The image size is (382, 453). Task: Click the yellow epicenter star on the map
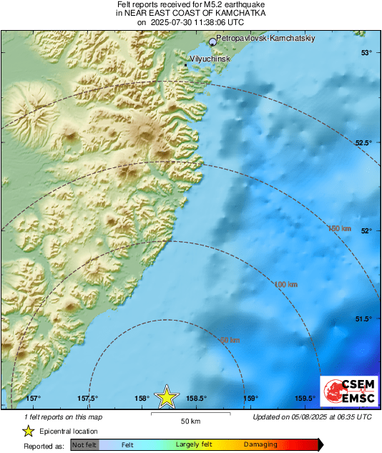pos(167,396)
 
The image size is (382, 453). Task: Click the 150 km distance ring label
pos(340,228)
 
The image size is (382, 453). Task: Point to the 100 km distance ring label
pos(286,285)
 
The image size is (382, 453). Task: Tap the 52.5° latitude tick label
pos(364,142)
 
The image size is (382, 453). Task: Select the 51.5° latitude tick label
pos(364,318)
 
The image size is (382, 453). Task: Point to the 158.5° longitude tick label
pos(197,399)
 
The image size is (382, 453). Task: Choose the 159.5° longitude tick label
pos(305,399)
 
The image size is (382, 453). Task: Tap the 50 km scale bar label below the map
pos(190,420)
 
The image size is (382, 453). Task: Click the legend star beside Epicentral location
pos(28,431)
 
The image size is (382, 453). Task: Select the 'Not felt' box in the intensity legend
pos(84,444)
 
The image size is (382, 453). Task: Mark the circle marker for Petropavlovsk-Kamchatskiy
pos(212,42)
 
